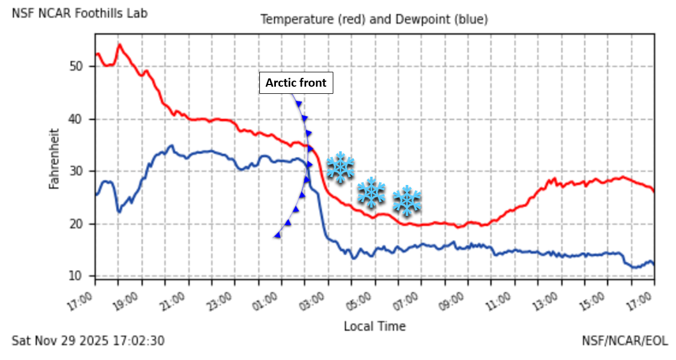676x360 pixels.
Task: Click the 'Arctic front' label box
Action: click(296, 83)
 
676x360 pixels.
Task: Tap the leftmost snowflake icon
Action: click(340, 167)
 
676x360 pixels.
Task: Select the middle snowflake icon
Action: click(371, 193)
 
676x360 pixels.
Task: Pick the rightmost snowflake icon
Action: click(407, 200)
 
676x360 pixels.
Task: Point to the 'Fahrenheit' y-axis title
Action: click(54, 158)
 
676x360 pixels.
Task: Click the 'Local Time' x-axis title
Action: click(374, 326)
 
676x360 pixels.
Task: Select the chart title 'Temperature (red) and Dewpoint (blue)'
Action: click(374, 19)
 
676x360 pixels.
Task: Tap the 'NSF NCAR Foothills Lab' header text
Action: click(79, 13)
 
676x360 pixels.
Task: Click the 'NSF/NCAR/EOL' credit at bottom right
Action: click(624, 341)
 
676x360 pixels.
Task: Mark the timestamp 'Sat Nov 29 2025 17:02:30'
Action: click(88, 341)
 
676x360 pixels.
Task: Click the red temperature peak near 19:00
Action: click(119, 45)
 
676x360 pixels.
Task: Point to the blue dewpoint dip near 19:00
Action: click(119, 211)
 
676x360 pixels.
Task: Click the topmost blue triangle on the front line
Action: click(299, 104)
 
